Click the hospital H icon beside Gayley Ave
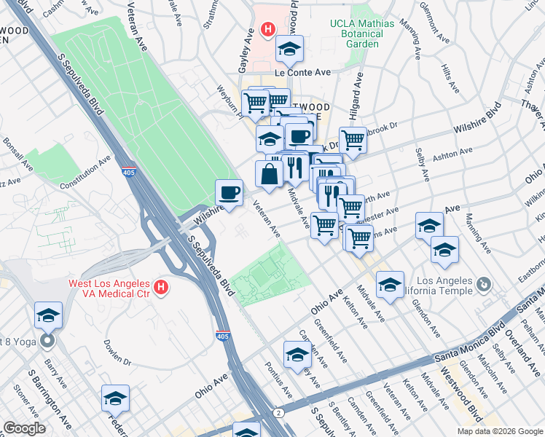(x=267, y=31)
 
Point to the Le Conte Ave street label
(x=302, y=73)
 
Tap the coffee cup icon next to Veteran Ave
(x=229, y=193)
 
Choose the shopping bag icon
(x=269, y=173)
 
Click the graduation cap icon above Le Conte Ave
(x=289, y=50)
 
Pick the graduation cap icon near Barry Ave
(x=48, y=315)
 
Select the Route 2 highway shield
(x=278, y=413)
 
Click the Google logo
(x=24, y=428)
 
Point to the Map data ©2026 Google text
(x=500, y=431)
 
